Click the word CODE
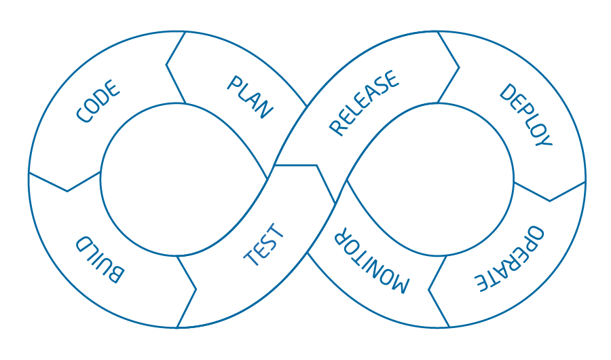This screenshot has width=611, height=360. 98,103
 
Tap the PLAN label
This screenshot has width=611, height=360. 250,98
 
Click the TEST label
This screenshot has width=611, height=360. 264,245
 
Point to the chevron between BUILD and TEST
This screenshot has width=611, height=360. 187,291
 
